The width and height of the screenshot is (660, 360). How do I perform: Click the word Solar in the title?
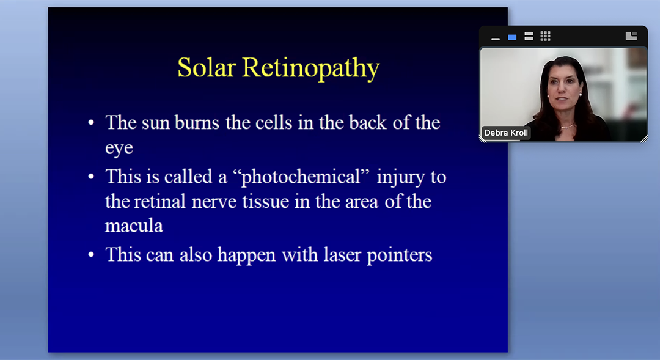pos(206,67)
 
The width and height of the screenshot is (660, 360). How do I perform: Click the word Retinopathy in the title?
pos(310,68)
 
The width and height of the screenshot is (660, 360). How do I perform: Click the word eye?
pos(119,148)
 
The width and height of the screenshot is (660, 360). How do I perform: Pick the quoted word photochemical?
pos(301,177)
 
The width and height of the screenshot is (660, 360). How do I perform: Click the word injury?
pos(400,177)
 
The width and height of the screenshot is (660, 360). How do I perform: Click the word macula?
pos(134,226)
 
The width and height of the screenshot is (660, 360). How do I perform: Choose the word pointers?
pos(400,255)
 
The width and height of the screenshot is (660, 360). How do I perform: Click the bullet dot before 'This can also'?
pos(91,255)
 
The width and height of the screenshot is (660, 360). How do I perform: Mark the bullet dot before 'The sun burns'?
pos(91,123)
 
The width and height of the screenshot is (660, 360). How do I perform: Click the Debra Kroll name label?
pos(506,133)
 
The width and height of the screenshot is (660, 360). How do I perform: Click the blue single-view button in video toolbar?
pos(512,37)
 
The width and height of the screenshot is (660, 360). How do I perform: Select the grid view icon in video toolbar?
pos(546,36)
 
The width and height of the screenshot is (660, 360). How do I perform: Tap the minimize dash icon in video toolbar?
pos(496,39)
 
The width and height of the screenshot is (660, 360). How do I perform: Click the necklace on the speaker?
pos(568,126)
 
